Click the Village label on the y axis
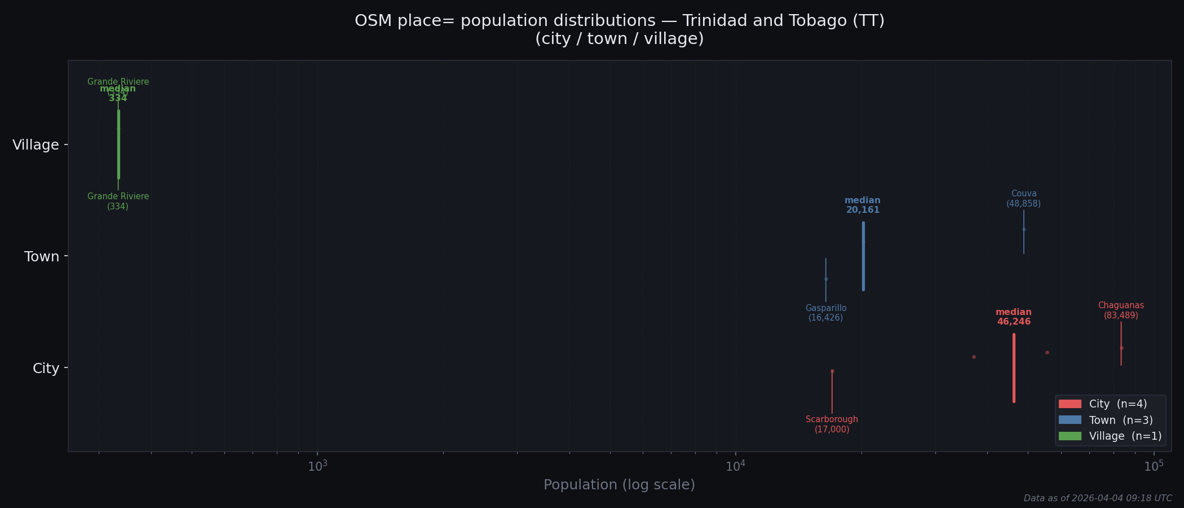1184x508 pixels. (36, 145)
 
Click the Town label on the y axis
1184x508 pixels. (42, 257)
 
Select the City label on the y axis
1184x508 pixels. (46, 369)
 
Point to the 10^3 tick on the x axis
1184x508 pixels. (317, 466)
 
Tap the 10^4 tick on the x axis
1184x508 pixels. (735, 466)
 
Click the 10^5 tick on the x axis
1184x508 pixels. (1154, 466)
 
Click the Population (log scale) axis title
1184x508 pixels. (619, 485)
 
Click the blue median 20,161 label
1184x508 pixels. (863, 205)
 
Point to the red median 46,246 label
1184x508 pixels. (1014, 317)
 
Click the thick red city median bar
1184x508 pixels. (1014, 368)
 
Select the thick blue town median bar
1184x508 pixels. (863, 256)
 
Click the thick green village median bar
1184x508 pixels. (118, 144)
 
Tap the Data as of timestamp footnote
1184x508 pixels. (1097, 498)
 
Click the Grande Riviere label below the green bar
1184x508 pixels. (118, 202)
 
